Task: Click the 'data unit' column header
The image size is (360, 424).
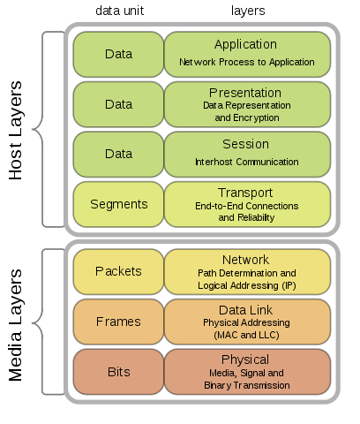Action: tap(119, 11)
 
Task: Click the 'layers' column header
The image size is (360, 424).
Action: tap(248, 11)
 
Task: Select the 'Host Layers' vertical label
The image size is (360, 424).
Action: tap(15, 130)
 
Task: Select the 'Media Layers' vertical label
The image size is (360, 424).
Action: tap(15, 325)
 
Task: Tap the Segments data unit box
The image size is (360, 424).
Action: tap(118, 204)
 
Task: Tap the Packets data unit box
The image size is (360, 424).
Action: tap(118, 271)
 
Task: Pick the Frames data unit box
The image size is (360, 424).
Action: tap(118, 322)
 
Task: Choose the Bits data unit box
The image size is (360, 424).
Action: tap(118, 372)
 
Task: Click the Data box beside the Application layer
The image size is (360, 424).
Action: tap(118, 55)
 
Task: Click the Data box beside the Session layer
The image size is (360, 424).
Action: tap(118, 155)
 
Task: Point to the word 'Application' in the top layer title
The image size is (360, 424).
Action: tap(245, 45)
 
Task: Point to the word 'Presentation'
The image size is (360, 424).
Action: tap(245, 93)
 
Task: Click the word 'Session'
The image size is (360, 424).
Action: tap(245, 144)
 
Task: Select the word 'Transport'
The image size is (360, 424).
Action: tap(245, 193)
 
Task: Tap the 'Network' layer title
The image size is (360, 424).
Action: tap(245, 260)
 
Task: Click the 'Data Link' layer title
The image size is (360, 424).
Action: tap(245, 310)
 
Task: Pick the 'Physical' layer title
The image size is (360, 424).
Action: tap(245, 360)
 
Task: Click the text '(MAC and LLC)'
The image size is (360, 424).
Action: tap(246, 335)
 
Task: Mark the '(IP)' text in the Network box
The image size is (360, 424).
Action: tap(289, 285)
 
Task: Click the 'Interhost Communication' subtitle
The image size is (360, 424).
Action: tap(247, 162)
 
